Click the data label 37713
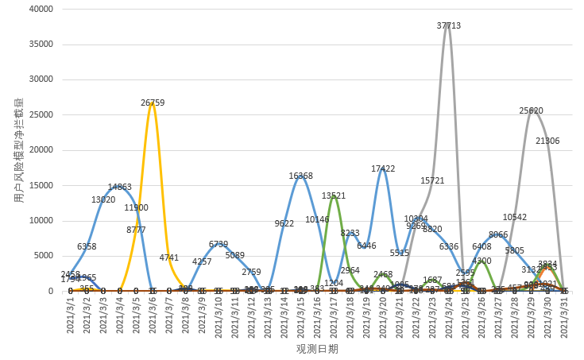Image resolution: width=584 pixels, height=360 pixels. click(449, 25)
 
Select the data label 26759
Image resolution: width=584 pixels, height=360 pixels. click(153, 103)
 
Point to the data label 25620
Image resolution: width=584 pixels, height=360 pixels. click(531, 110)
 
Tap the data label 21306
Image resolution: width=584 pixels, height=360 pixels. click(547, 141)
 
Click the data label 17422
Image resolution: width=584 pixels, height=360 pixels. click(383, 168)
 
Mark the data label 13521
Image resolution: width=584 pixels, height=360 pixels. click(334, 195)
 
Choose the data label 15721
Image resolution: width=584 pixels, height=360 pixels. click(432, 180)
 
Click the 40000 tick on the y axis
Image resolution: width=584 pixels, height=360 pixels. click(40, 9)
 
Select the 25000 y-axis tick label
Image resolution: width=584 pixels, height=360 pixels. click(40, 114)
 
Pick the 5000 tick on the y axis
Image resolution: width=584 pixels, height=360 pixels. click(42, 256)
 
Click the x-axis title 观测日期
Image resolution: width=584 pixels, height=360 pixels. click(317, 349)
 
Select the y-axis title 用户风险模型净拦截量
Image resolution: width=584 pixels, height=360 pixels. click(18, 150)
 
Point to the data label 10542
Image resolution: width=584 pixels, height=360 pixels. click(515, 217)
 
